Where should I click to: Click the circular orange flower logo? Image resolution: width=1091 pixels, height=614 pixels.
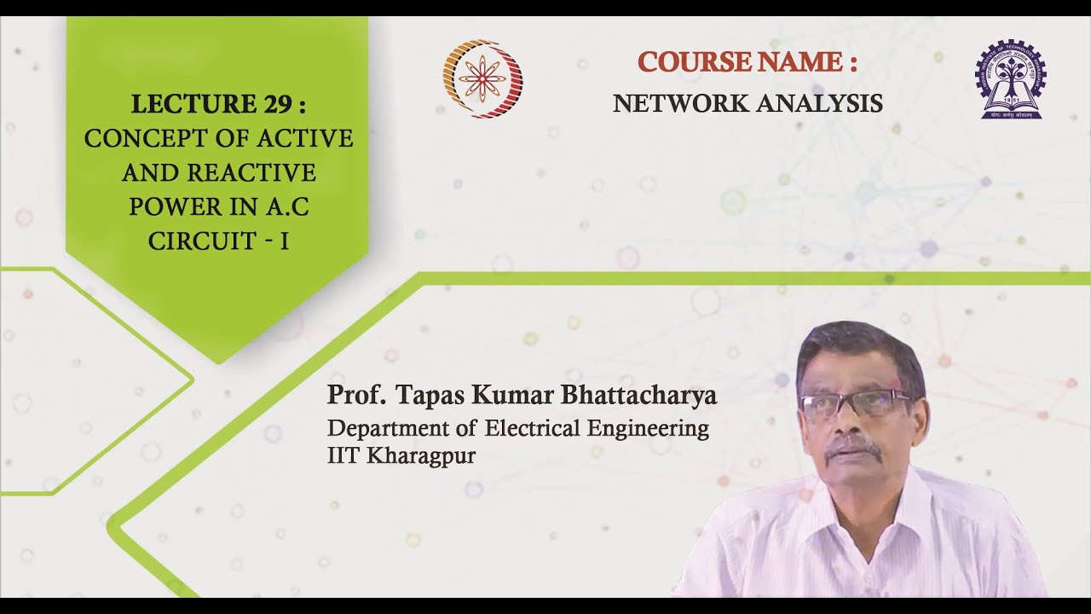[482, 78]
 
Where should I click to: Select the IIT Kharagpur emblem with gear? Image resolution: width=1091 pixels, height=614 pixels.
[1011, 78]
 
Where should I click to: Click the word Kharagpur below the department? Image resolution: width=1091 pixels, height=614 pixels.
[421, 455]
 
